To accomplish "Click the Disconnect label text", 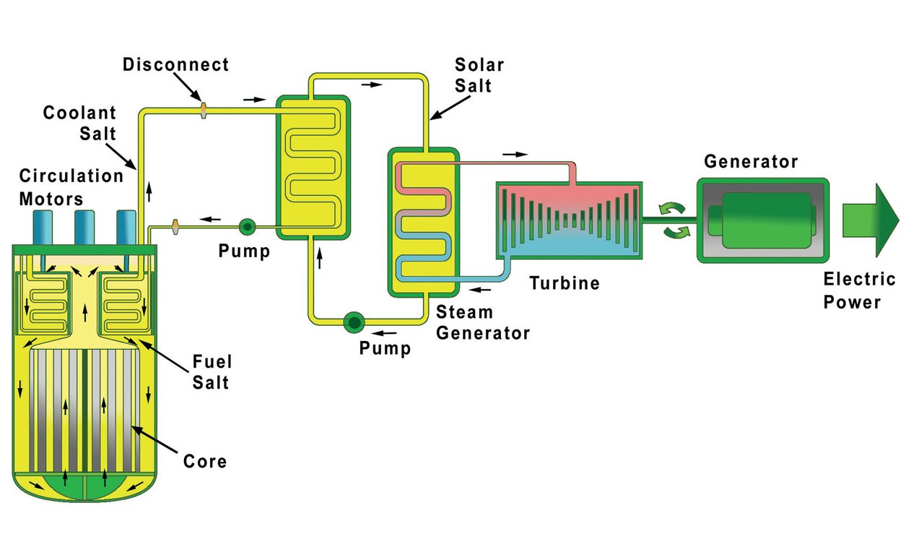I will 175,65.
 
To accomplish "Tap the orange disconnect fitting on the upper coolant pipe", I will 204,110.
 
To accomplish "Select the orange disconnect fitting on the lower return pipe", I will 175,228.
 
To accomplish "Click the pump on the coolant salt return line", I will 247,227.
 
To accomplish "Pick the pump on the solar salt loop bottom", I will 354,322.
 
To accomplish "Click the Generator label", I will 751,162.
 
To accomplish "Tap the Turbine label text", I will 565,283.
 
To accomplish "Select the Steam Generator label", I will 483,323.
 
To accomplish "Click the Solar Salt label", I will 479,75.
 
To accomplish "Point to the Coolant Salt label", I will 79,124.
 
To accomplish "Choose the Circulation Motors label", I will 71,187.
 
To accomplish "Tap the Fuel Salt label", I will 212,371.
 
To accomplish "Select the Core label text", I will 205,461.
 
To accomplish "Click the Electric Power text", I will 859,291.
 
